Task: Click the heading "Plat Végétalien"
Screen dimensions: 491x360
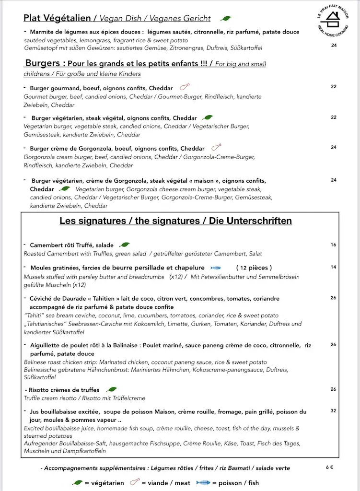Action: [57, 18]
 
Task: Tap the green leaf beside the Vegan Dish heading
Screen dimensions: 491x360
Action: [226, 19]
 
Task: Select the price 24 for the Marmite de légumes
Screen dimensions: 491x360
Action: [334, 46]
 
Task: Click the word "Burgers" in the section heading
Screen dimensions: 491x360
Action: [43, 63]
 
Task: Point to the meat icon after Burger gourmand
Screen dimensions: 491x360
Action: [184, 87]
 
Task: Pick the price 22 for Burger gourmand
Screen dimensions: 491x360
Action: [334, 87]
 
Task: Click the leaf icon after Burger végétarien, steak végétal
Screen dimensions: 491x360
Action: [208, 117]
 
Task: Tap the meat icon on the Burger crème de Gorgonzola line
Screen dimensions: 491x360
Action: [216, 147]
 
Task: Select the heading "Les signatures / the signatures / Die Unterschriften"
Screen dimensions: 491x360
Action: [175, 221]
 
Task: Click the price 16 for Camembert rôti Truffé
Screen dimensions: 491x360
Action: [333, 245]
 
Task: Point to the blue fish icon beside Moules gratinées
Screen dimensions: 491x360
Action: [215, 268]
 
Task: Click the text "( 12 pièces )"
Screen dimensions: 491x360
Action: [254, 268]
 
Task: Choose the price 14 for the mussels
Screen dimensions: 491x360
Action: [333, 267]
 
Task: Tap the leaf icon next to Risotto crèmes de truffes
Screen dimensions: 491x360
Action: [112, 390]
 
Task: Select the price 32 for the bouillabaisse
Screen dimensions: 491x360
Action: [333, 411]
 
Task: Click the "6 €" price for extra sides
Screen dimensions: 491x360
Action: [330, 468]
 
